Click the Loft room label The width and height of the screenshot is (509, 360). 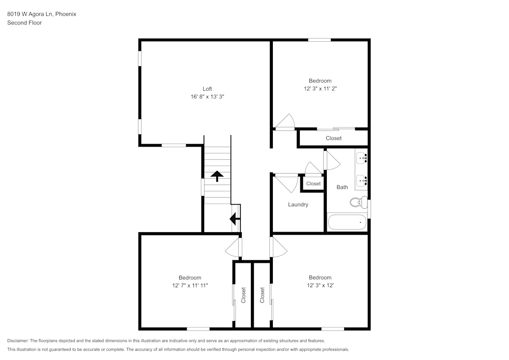tap(207, 89)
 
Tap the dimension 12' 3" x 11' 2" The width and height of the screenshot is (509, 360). tap(320, 89)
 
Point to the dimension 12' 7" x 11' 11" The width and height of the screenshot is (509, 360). tap(190, 286)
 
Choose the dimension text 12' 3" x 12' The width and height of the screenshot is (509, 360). tap(320, 286)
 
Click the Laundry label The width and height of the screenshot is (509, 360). tap(298, 205)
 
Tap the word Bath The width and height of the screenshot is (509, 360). tap(342, 187)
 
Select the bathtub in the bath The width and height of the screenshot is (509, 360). tap(347, 223)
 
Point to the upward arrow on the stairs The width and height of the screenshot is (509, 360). tap(217, 176)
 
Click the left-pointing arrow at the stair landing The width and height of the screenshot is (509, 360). tap(235, 219)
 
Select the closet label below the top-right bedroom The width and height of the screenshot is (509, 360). tap(333, 139)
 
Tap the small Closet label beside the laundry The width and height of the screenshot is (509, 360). tap(314, 184)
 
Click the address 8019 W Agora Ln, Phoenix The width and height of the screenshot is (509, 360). tap(42, 14)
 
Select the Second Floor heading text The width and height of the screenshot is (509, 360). tap(24, 23)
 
